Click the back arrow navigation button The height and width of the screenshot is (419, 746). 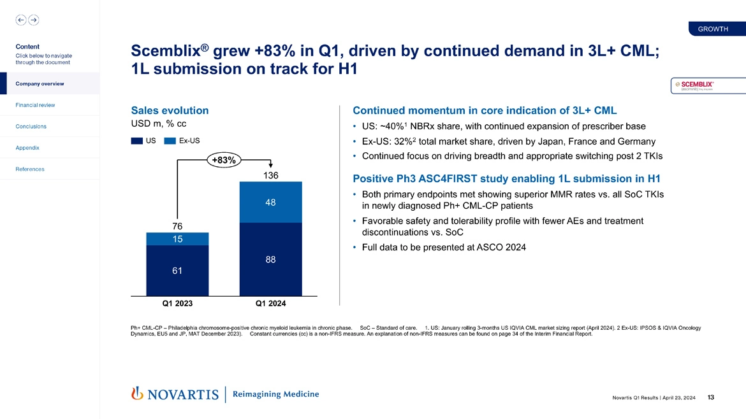[21, 20]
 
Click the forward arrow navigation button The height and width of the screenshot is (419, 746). [33, 20]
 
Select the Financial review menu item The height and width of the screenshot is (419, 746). [36, 105]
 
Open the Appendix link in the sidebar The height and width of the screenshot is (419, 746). [27, 148]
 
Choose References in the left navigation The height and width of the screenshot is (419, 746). [30, 169]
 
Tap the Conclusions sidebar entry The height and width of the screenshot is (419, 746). [31, 126]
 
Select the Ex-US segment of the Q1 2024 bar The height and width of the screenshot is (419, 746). [270, 202]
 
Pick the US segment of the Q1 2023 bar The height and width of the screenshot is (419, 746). [177, 271]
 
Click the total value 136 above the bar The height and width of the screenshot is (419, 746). [270, 174]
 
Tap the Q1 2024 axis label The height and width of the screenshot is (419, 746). [270, 304]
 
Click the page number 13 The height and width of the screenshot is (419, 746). [711, 398]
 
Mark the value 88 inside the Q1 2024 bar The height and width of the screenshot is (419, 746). [270, 259]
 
